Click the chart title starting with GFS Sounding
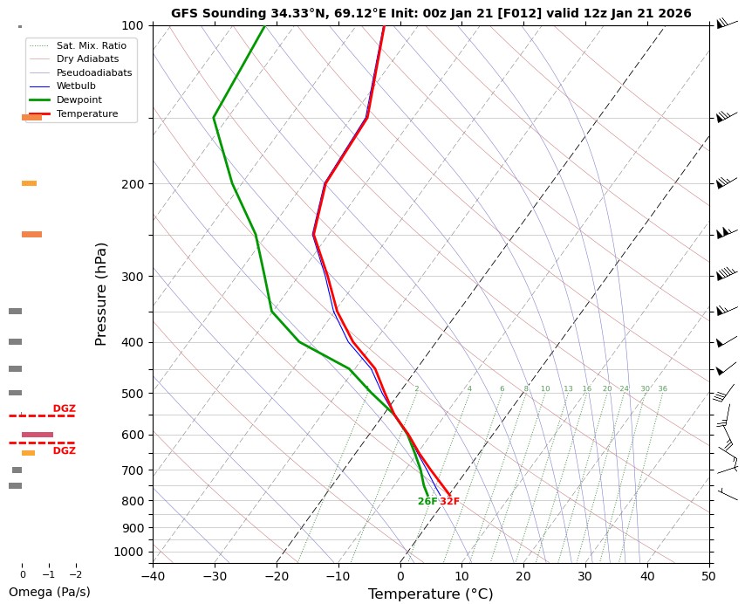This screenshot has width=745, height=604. pos(431,13)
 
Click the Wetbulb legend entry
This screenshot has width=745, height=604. pos(76,86)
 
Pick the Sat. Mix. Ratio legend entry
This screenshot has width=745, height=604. pos(91,45)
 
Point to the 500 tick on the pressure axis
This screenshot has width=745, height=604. pos(133,394)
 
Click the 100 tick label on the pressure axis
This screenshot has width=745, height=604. pos(133,25)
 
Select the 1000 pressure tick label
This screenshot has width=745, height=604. pos(129,552)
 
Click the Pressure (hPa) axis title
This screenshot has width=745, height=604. pos(100,293)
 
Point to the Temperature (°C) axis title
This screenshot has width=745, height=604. pos(430,594)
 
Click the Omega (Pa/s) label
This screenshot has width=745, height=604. pos(49,592)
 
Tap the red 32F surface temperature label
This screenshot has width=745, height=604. pos(449,502)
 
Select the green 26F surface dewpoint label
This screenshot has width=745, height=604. pos(427,502)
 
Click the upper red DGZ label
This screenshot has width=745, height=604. pos(64,408)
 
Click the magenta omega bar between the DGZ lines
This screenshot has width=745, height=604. pos(38,435)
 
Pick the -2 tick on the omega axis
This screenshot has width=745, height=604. pos(75,574)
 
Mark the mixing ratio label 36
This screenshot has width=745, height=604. pos(662,389)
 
